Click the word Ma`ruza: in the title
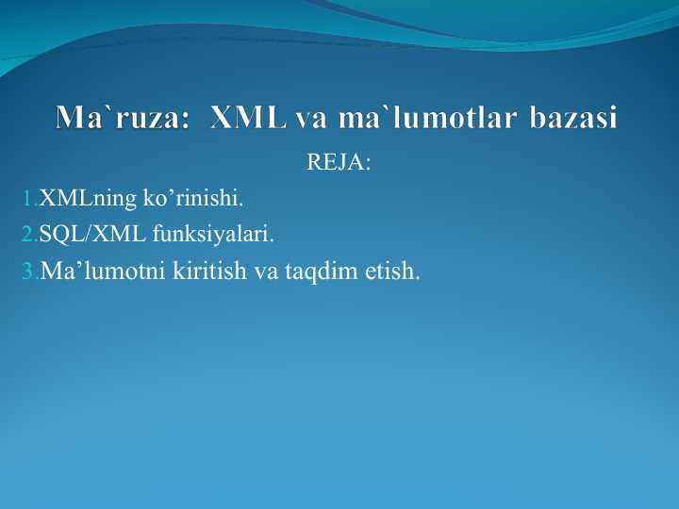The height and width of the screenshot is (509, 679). point(122,117)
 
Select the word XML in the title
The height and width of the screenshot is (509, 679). point(248,117)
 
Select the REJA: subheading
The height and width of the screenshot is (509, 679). point(339,162)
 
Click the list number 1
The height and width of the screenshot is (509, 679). point(29,198)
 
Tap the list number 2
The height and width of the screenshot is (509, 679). point(29,234)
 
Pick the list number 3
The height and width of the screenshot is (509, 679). point(30,271)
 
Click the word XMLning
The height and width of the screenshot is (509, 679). point(88,199)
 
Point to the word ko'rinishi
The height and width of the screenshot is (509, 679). point(193,198)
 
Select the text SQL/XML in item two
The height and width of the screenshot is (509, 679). point(92,235)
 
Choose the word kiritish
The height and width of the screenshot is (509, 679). point(209,271)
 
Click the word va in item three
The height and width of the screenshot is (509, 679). point(266,273)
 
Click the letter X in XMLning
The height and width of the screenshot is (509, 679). point(47,198)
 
